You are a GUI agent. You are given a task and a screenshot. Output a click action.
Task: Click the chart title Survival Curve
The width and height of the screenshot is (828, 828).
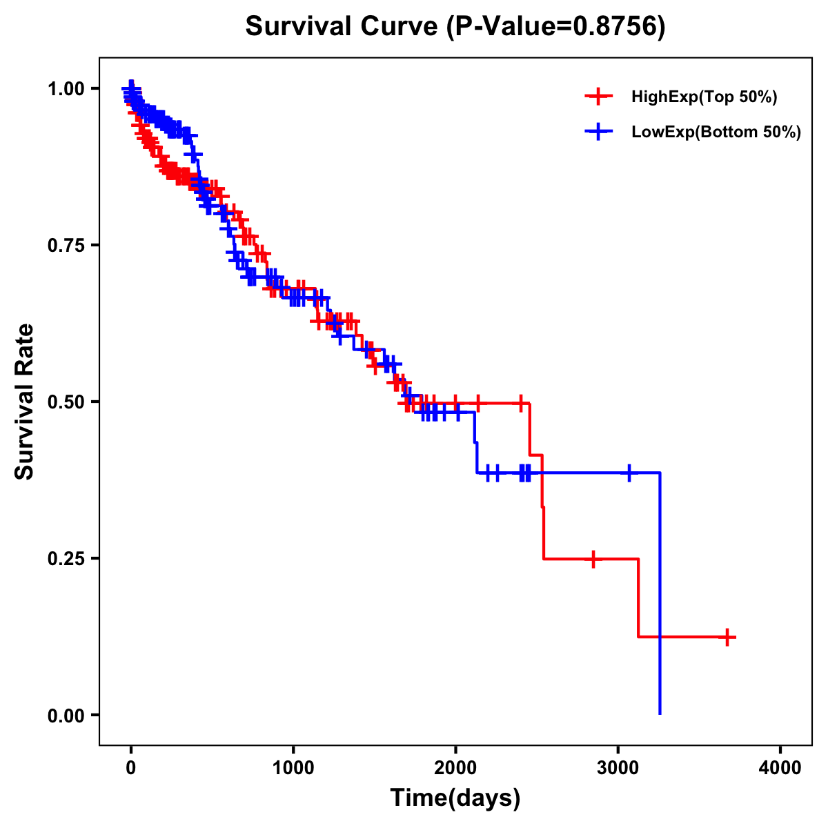342,27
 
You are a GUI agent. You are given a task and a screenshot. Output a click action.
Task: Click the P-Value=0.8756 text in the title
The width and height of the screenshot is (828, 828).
555,27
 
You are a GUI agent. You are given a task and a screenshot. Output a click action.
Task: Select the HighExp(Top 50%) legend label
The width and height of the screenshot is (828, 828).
704,97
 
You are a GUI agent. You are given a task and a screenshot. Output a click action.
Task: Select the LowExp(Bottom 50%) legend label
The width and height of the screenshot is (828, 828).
716,132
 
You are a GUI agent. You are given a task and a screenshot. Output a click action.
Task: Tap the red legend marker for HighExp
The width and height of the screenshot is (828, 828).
598,97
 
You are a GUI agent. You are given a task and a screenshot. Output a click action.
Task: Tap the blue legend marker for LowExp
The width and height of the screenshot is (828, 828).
598,132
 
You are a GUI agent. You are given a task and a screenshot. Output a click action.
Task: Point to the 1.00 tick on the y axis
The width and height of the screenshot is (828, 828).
67,88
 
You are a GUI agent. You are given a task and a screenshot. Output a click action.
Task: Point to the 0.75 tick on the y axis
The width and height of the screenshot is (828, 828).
67,245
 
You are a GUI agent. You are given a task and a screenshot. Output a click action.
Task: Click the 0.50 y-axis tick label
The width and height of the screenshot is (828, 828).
67,402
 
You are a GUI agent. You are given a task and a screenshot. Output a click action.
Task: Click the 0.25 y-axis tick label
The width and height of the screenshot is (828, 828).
67,558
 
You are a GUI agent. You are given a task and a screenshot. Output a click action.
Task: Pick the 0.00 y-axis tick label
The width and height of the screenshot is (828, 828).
67,715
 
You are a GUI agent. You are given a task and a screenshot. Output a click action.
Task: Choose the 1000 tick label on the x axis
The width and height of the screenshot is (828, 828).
293,768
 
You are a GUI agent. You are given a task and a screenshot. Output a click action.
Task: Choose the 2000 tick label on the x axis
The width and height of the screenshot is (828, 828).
455,768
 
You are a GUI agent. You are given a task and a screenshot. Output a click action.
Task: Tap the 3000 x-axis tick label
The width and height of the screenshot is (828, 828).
618,768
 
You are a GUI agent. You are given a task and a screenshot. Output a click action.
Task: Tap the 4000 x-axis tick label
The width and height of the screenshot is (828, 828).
780,768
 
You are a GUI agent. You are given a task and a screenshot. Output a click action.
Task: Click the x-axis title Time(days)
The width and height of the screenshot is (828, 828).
455,798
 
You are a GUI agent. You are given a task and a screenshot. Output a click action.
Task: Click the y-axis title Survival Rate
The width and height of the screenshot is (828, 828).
25,402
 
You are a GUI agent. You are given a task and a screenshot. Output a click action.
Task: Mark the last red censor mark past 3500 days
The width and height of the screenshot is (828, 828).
727,637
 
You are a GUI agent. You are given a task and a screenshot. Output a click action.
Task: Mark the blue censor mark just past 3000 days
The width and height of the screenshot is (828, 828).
629,473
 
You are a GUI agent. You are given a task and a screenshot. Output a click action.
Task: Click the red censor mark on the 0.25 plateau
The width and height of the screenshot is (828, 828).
593,559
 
